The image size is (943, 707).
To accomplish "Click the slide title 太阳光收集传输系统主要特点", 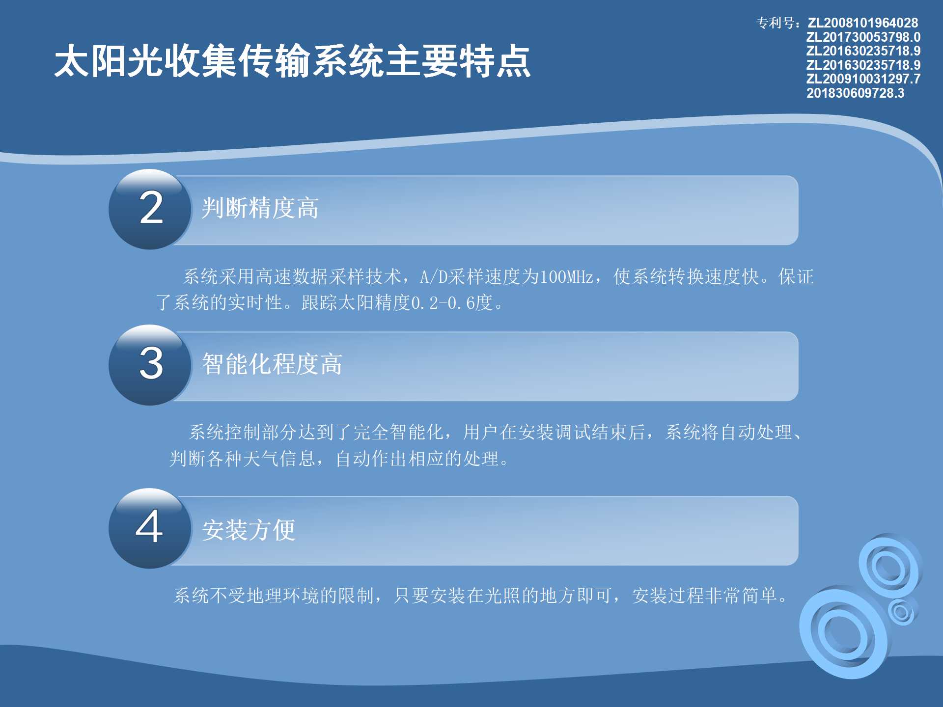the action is click(x=293, y=61).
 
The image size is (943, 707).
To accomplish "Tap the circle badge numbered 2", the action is click(x=150, y=209).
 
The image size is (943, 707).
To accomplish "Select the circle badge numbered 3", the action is click(x=150, y=365).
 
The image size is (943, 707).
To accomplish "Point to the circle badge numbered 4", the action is click(x=150, y=528).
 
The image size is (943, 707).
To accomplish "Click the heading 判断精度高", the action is click(x=260, y=208).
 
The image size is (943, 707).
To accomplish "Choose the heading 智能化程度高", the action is click(x=272, y=364).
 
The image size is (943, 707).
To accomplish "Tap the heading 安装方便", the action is click(x=249, y=530).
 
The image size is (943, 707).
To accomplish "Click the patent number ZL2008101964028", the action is click(x=863, y=23).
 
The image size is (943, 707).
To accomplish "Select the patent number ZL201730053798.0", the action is click(x=863, y=37).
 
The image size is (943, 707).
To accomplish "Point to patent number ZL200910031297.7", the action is click(x=863, y=79).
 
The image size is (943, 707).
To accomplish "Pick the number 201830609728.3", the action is click(x=855, y=93).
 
